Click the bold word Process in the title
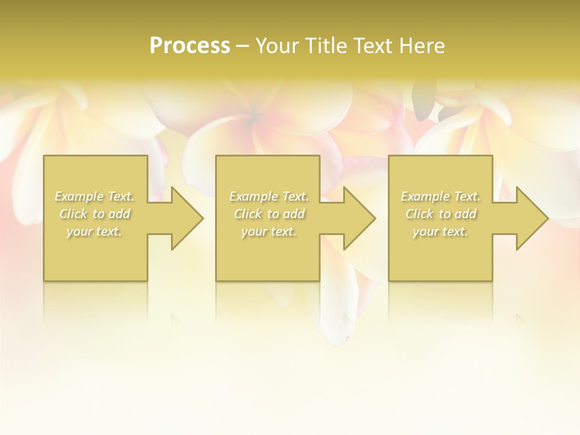190,46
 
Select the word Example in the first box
79,196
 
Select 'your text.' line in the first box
94,231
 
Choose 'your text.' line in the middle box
269,231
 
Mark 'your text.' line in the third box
440,231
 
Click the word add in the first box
120,214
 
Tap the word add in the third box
466,214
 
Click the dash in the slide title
242,46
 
